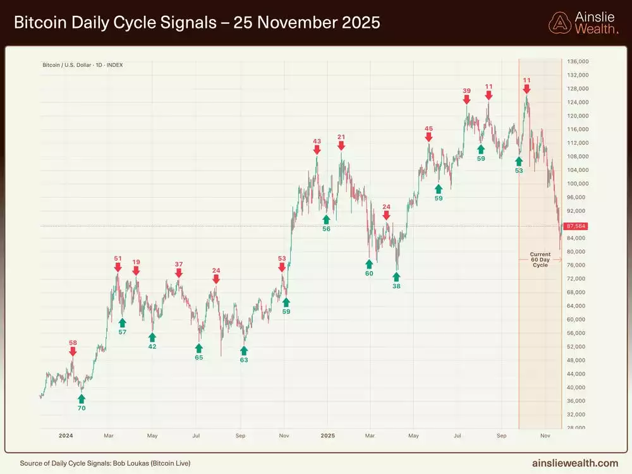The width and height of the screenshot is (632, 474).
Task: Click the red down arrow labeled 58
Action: point(73,352)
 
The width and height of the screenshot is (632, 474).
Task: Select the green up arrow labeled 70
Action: point(81,398)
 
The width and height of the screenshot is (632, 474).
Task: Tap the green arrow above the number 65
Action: point(199,348)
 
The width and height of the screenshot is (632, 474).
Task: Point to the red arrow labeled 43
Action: point(317,150)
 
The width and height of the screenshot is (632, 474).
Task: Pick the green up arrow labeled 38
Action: point(396,276)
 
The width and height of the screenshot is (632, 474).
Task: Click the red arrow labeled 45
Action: point(428,137)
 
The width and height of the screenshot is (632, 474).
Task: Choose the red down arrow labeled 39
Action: point(466,99)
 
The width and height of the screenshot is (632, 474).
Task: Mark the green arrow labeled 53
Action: point(519,161)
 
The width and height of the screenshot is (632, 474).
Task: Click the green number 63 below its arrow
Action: point(244,360)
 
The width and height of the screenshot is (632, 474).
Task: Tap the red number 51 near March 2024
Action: point(118,258)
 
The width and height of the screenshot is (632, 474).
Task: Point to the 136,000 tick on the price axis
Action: point(578,61)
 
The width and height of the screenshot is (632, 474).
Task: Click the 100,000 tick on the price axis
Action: point(578,184)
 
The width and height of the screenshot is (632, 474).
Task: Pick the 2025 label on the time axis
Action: point(327,436)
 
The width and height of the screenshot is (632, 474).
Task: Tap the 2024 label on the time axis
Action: point(66,436)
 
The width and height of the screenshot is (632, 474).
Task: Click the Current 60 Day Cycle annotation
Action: point(540,260)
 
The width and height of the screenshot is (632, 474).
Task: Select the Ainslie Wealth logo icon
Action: point(560,23)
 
